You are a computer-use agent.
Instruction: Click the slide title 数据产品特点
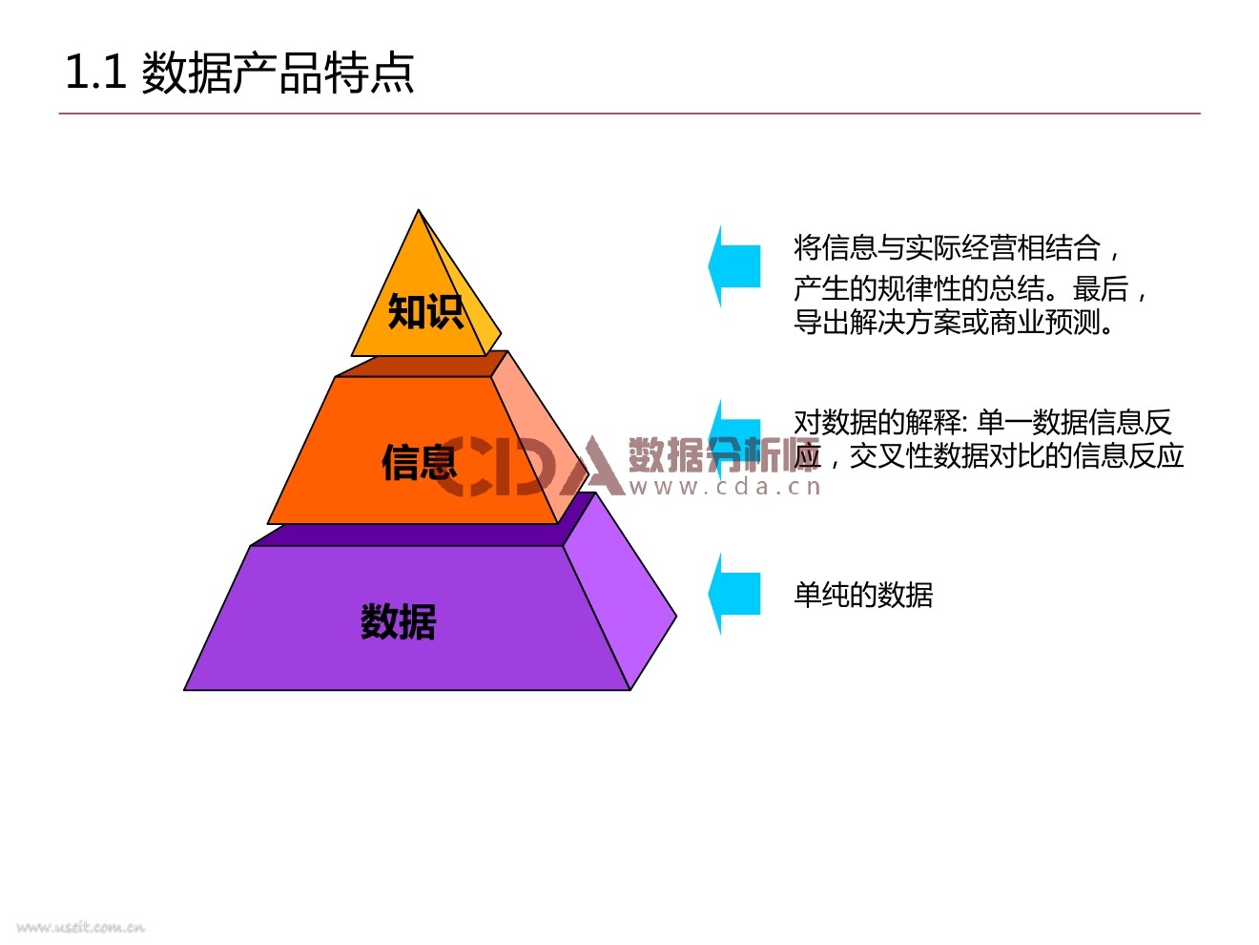[278, 73]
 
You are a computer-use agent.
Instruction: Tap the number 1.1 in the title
[95, 73]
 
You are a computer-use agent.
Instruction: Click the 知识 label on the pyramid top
[425, 311]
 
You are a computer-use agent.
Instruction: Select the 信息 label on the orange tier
[420, 463]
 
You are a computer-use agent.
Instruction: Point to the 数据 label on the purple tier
[399, 621]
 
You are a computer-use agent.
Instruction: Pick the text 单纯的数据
[863, 595]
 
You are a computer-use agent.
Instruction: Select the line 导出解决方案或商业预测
[954, 323]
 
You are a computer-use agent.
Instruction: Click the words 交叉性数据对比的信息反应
[1017, 456]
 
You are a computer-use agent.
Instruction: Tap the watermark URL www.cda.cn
[725, 487]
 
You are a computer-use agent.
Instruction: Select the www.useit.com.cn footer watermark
[80, 927]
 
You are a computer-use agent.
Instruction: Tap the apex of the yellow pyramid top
[419, 213]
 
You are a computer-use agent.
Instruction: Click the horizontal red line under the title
[629, 114]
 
